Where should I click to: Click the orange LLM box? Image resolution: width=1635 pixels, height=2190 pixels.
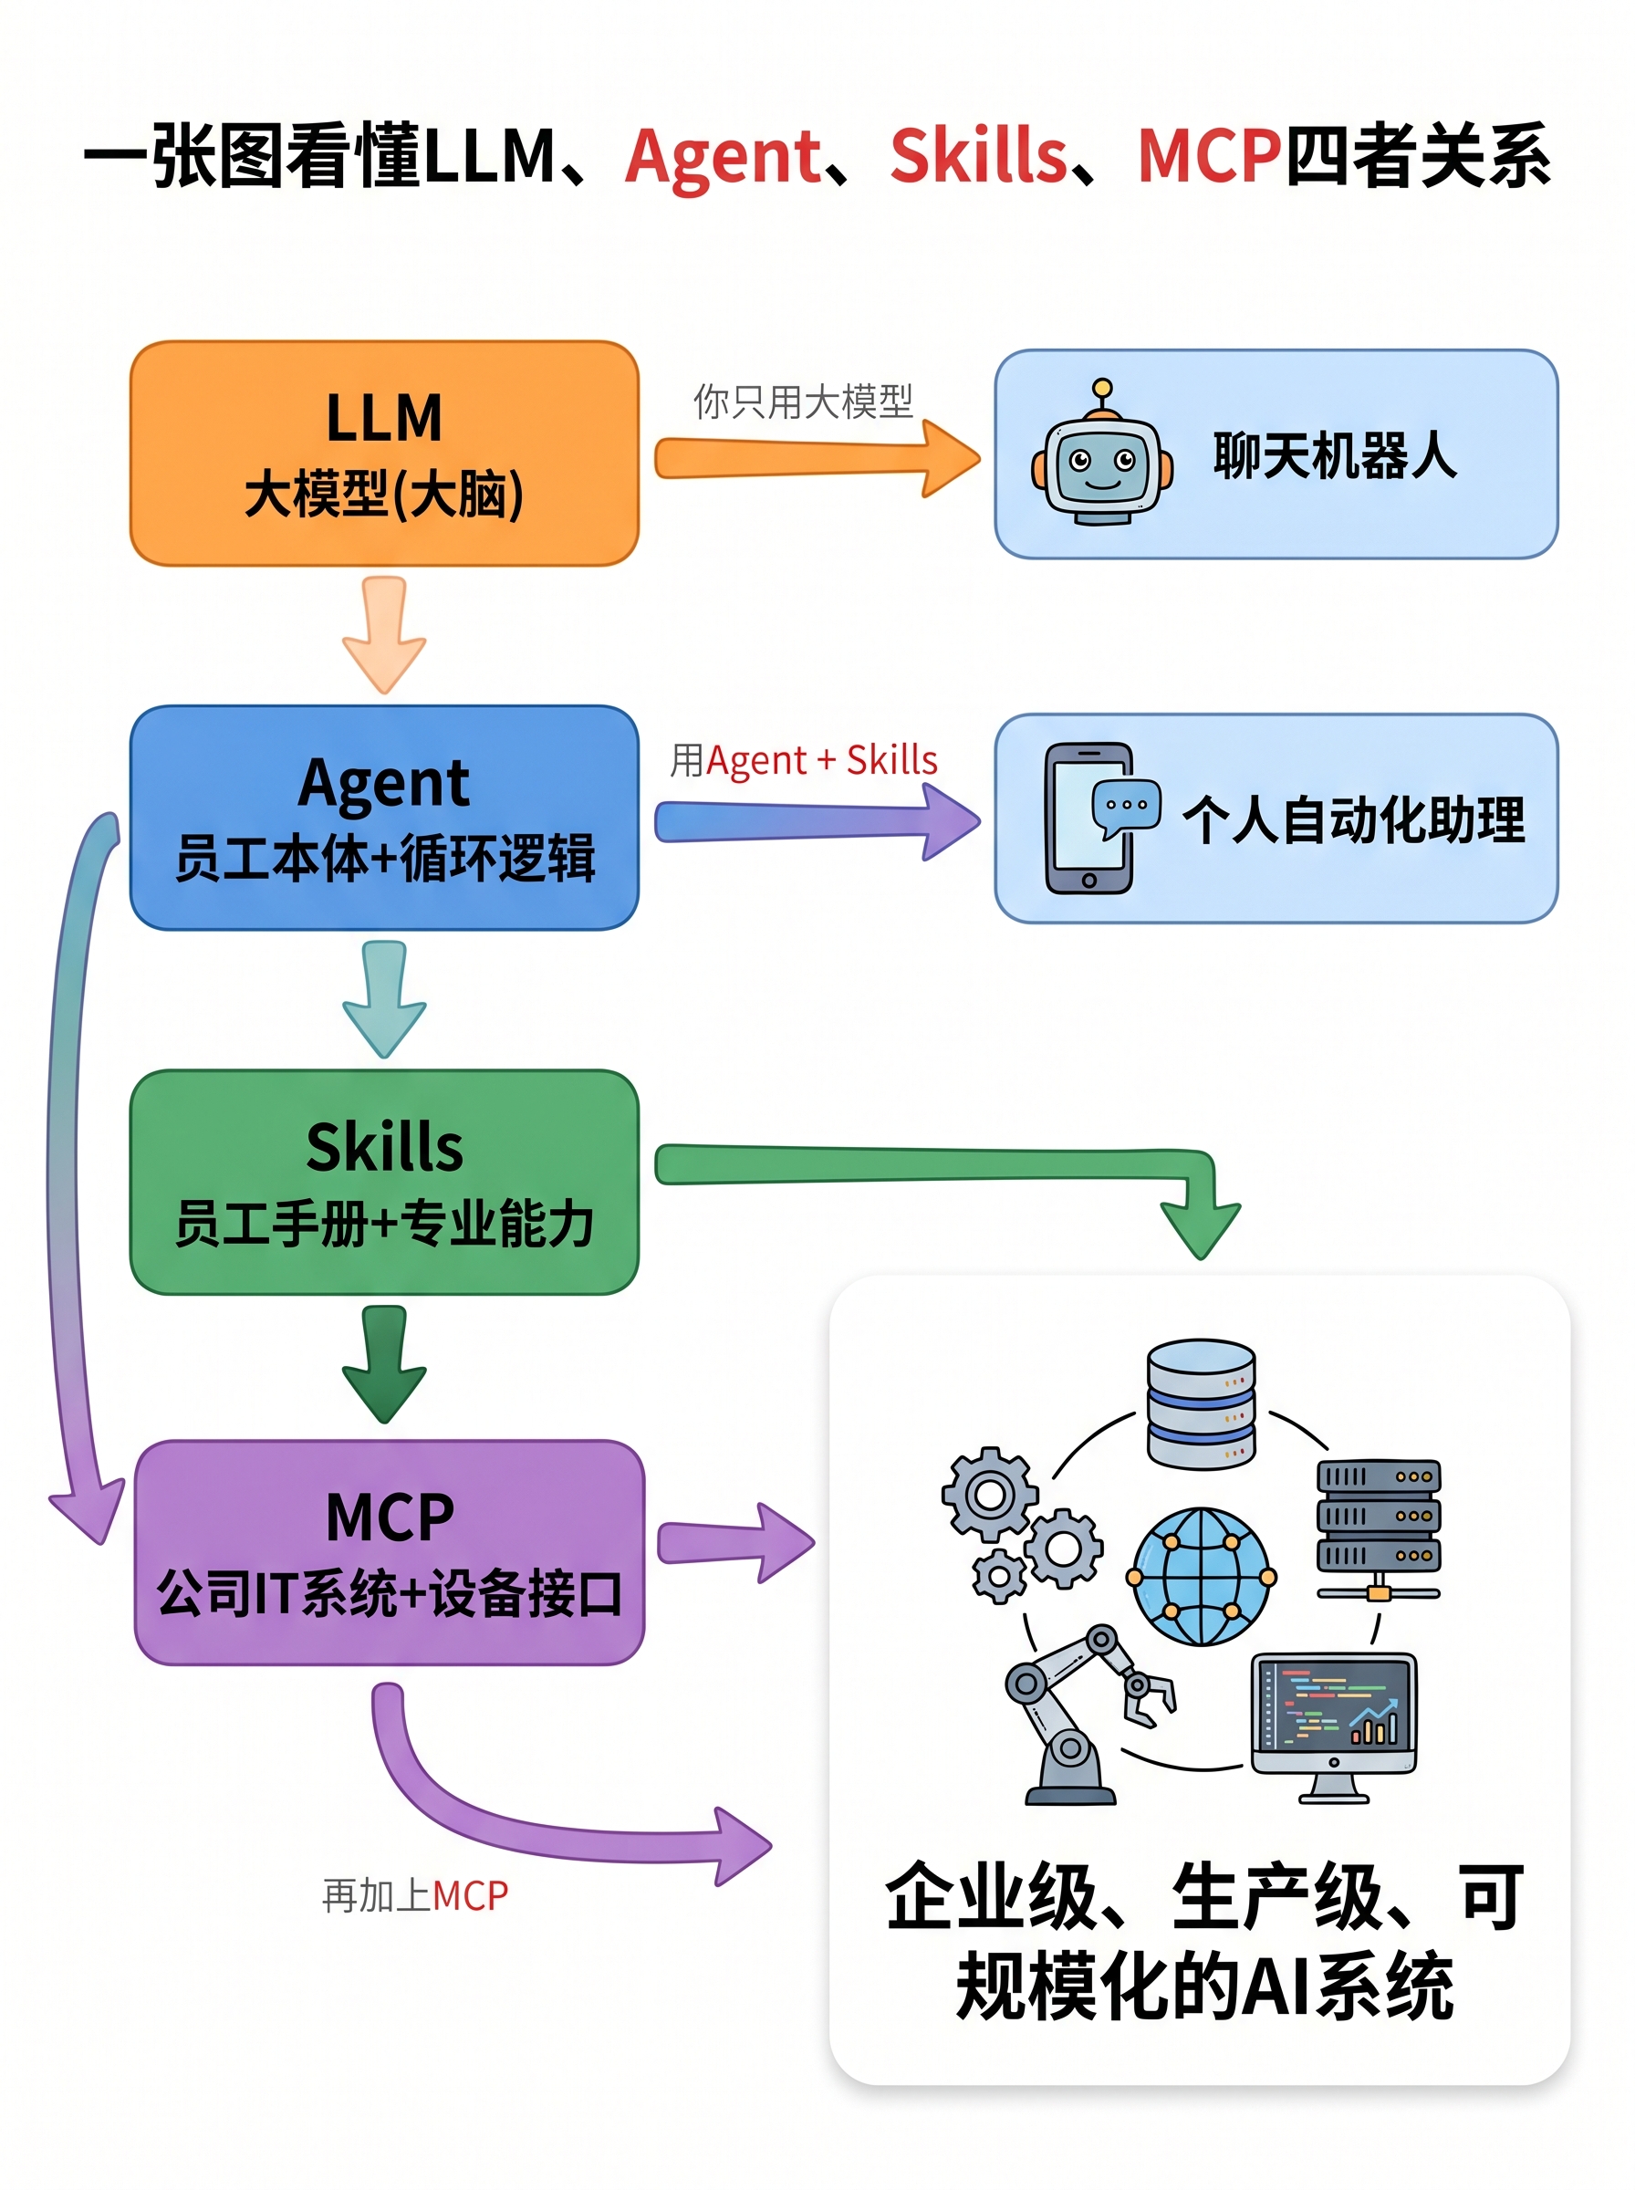(x=384, y=454)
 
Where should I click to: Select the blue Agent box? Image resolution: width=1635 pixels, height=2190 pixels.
(x=384, y=818)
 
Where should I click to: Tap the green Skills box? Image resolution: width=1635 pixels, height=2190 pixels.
(x=384, y=1182)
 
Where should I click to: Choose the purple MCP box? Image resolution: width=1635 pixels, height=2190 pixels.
(x=389, y=1551)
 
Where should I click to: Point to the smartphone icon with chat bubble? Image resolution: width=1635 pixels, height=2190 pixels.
(x=1099, y=818)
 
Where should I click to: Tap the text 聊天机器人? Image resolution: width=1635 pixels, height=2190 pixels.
(x=1335, y=455)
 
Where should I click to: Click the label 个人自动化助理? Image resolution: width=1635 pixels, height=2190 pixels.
(x=1353, y=819)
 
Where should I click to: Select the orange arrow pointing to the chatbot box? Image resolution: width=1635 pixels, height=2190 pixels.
(x=817, y=458)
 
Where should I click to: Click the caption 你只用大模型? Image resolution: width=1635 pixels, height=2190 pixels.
(x=803, y=401)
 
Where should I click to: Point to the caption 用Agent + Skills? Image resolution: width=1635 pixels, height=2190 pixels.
(x=804, y=760)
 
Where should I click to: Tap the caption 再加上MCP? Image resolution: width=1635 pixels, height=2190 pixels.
(x=415, y=1896)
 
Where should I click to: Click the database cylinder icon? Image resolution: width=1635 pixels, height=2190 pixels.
(x=1201, y=1403)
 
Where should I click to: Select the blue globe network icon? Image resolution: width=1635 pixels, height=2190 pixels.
(x=1201, y=1576)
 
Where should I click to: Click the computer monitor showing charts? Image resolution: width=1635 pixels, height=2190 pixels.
(x=1333, y=1726)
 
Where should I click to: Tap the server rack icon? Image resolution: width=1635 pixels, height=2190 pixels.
(x=1378, y=1530)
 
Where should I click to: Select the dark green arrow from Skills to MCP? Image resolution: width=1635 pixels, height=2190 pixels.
(x=384, y=1363)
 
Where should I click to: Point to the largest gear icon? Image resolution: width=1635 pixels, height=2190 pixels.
(x=990, y=1494)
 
